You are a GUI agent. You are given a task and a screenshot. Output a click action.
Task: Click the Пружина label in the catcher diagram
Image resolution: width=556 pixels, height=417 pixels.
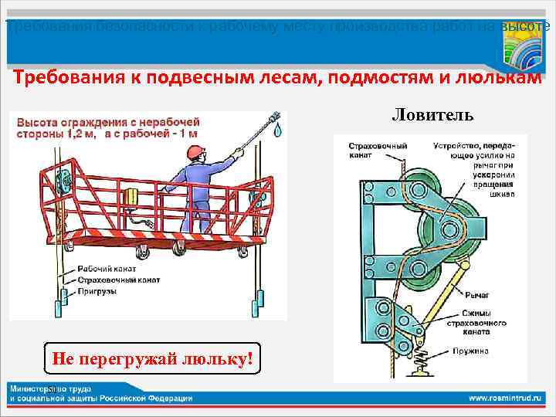(x=476, y=350)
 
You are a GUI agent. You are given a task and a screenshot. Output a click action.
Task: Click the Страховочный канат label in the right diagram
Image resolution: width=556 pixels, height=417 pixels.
(x=367, y=150)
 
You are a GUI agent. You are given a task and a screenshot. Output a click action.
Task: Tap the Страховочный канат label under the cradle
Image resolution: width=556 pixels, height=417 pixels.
(x=118, y=280)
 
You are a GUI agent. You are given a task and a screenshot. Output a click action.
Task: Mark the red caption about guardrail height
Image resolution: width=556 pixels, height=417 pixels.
(x=108, y=127)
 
